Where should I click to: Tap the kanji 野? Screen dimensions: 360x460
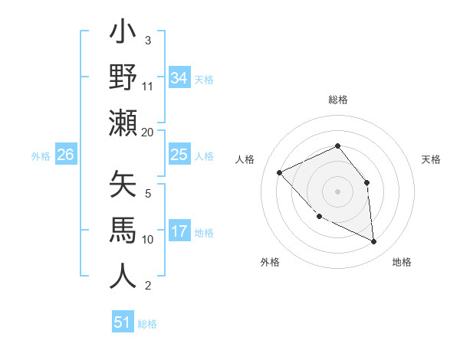pos(123,80)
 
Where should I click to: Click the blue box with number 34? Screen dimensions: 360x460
pos(179,77)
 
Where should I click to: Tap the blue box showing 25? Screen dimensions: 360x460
pos(179,155)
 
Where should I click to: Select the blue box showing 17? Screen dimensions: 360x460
pos(179,231)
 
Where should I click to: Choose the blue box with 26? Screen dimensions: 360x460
pos(65,155)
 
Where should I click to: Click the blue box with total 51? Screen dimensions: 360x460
pos(123,322)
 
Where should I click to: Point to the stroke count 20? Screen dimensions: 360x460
pos(148,132)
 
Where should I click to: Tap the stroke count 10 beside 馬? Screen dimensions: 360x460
pos(148,240)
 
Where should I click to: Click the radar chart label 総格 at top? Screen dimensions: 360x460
pos(337,100)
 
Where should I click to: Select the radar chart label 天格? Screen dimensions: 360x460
pos(432,159)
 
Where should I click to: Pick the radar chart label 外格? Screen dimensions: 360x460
pos(270,262)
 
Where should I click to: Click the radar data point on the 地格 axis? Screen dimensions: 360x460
pos(374,242)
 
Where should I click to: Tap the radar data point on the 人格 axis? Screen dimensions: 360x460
pos(280,172)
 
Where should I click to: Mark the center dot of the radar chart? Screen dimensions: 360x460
pos(337,191)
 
